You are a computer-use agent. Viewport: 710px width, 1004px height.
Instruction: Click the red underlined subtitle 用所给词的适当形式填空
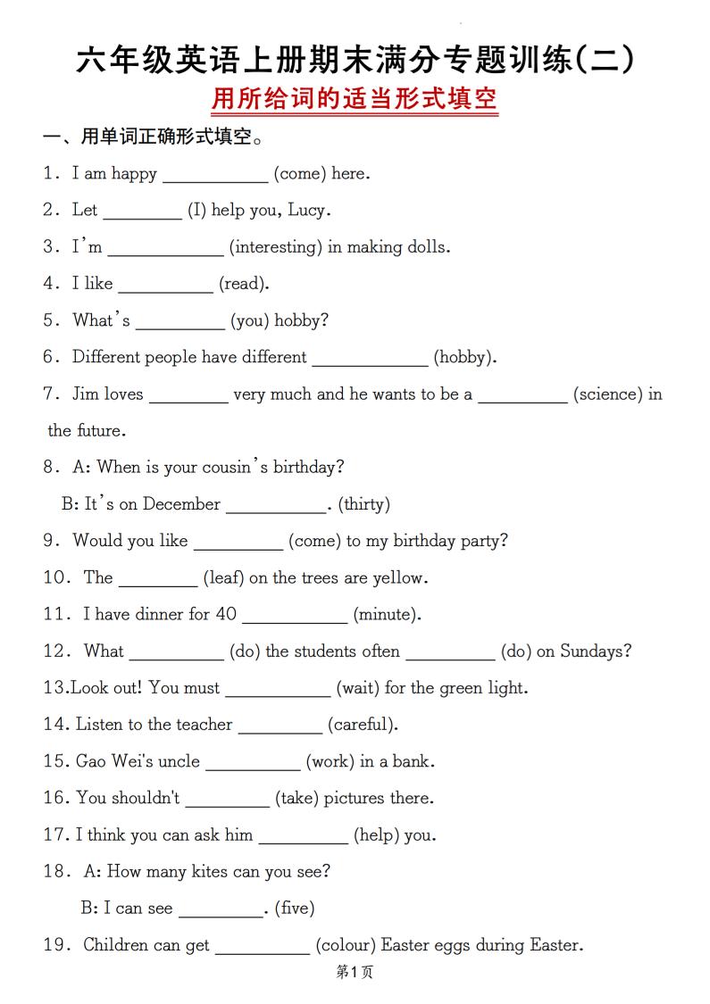(355, 98)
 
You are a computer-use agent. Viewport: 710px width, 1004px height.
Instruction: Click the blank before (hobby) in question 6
(370, 359)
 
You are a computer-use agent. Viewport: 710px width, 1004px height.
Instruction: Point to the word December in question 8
(181, 504)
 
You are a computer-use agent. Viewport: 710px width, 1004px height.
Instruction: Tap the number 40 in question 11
(226, 614)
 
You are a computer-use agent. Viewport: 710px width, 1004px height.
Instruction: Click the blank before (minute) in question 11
(295, 616)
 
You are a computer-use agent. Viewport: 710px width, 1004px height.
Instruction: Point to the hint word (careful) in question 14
(363, 725)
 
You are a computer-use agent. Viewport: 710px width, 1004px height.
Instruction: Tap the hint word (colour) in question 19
(348, 945)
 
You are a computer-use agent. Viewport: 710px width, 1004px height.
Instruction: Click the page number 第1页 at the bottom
(355, 973)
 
